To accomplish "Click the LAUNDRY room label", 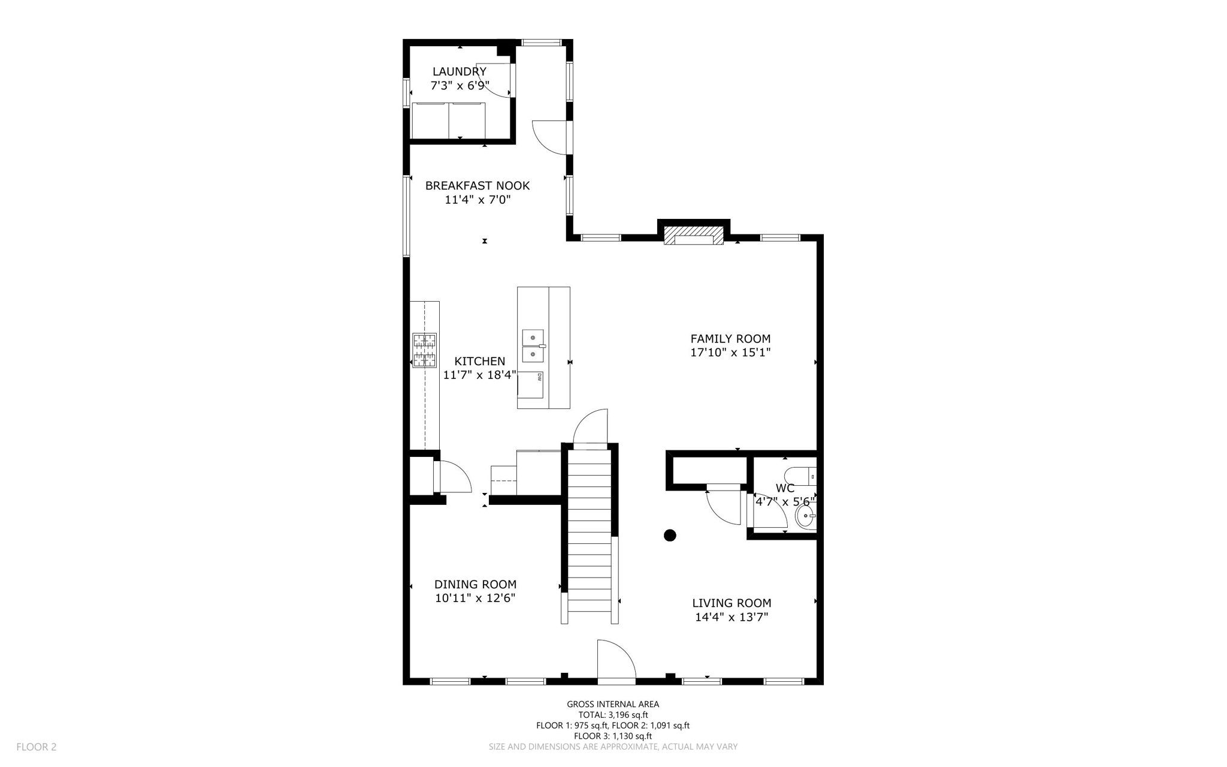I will (460, 72).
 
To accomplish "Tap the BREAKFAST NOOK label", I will (477, 186).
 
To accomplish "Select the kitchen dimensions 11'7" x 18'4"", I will (479, 375).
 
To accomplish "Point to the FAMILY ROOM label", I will (730, 339).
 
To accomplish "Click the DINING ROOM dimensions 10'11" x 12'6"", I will (475, 598).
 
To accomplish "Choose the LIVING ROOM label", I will (732, 603).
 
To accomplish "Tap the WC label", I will (785, 488).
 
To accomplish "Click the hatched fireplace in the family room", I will (694, 235).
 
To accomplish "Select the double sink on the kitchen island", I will (533, 346).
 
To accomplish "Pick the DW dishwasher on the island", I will (531, 384).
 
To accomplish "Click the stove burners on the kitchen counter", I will (424, 350).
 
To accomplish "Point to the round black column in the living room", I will (670, 535).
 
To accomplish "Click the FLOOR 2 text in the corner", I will (37, 747).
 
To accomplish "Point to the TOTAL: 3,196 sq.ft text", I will (613, 715).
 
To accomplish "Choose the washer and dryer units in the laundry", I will (448, 121).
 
